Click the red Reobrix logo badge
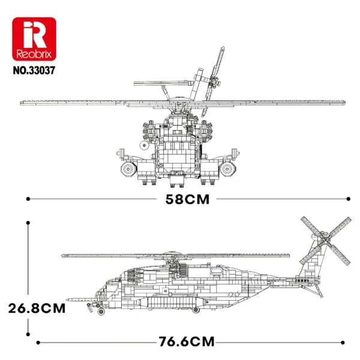[34, 38]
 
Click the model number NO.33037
[34, 69]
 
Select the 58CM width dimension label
[188, 200]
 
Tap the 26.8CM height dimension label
[36, 308]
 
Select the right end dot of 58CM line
[349, 198]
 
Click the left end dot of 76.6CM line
[38, 343]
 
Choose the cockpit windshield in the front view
[178, 130]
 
